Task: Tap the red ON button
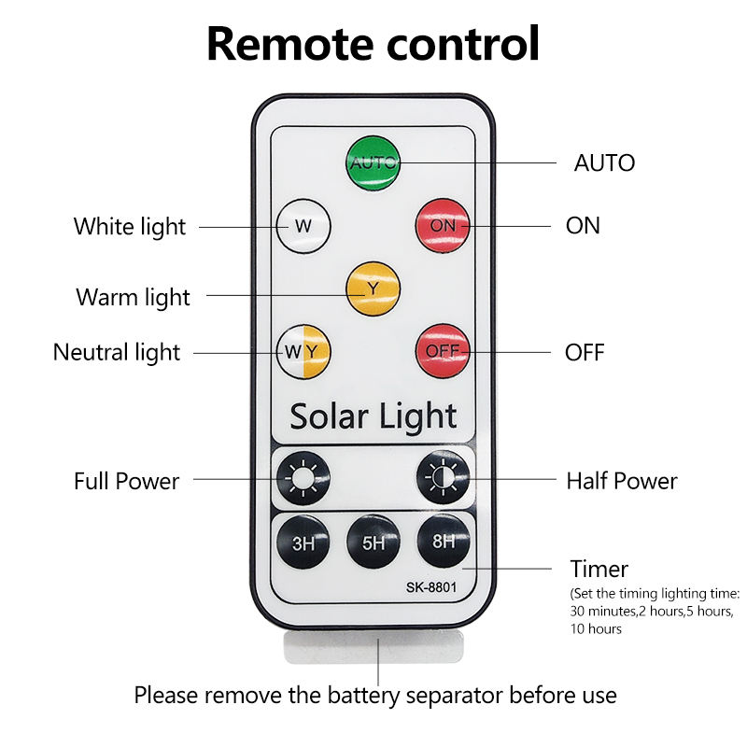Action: pyautogui.click(x=443, y=225)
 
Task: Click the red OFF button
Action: pyautogui.click(x=443, y=351)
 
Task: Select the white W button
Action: pyautogui.click(x=303, y=225)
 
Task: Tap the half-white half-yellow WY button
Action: pyautogui.click(x=303, y=351)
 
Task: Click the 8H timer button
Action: pyautogui.click(x=443, y=540)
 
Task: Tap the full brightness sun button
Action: pyautogui.click(x=303, y=480)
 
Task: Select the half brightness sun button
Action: pyautogui.click(x=443, y=480)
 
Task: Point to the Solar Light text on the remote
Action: pyautogui.click(x=373, y=416)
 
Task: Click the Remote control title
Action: pyautogui.click(x=373, y=43)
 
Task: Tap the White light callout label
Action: pyautogui.click(x=130, y=226)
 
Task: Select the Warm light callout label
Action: pyautogui.click(x=133, y=297)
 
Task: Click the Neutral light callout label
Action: pyautogui.click(x=117, y=352)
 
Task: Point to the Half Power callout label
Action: pyautogui.click(x=622, y=481)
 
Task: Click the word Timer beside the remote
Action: pyautogui.click(x=599, y=569)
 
